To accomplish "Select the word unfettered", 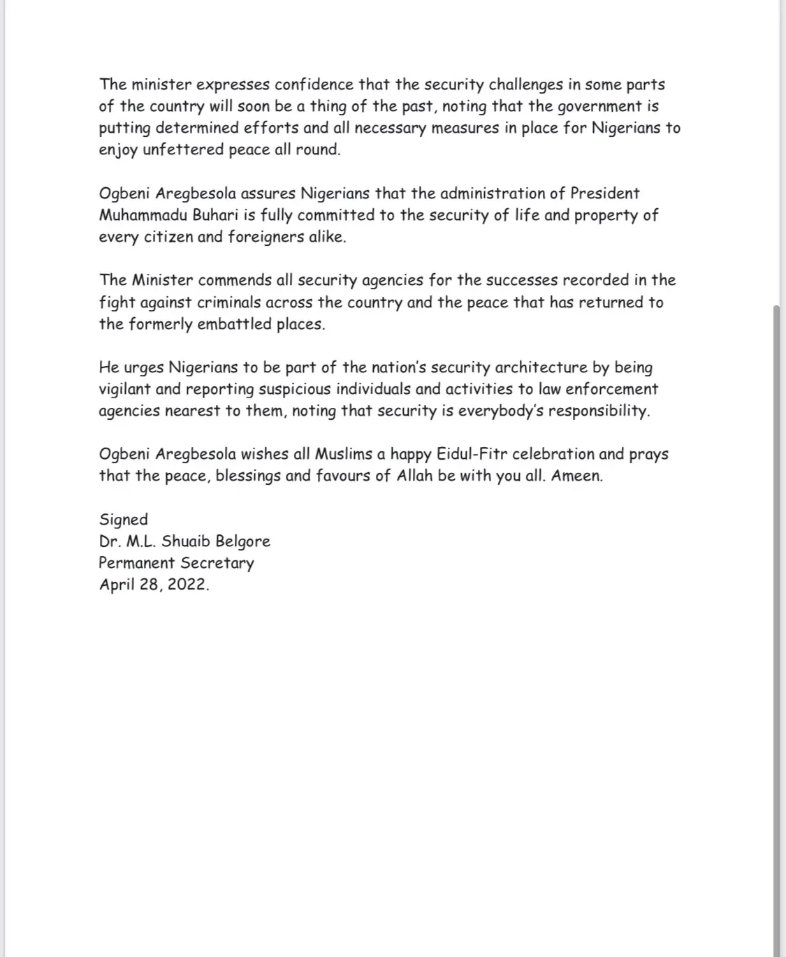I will [183, 149].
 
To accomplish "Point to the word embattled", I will [235, 324].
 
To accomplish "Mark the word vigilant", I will [123, 389].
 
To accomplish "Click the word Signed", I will [123, 520].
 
